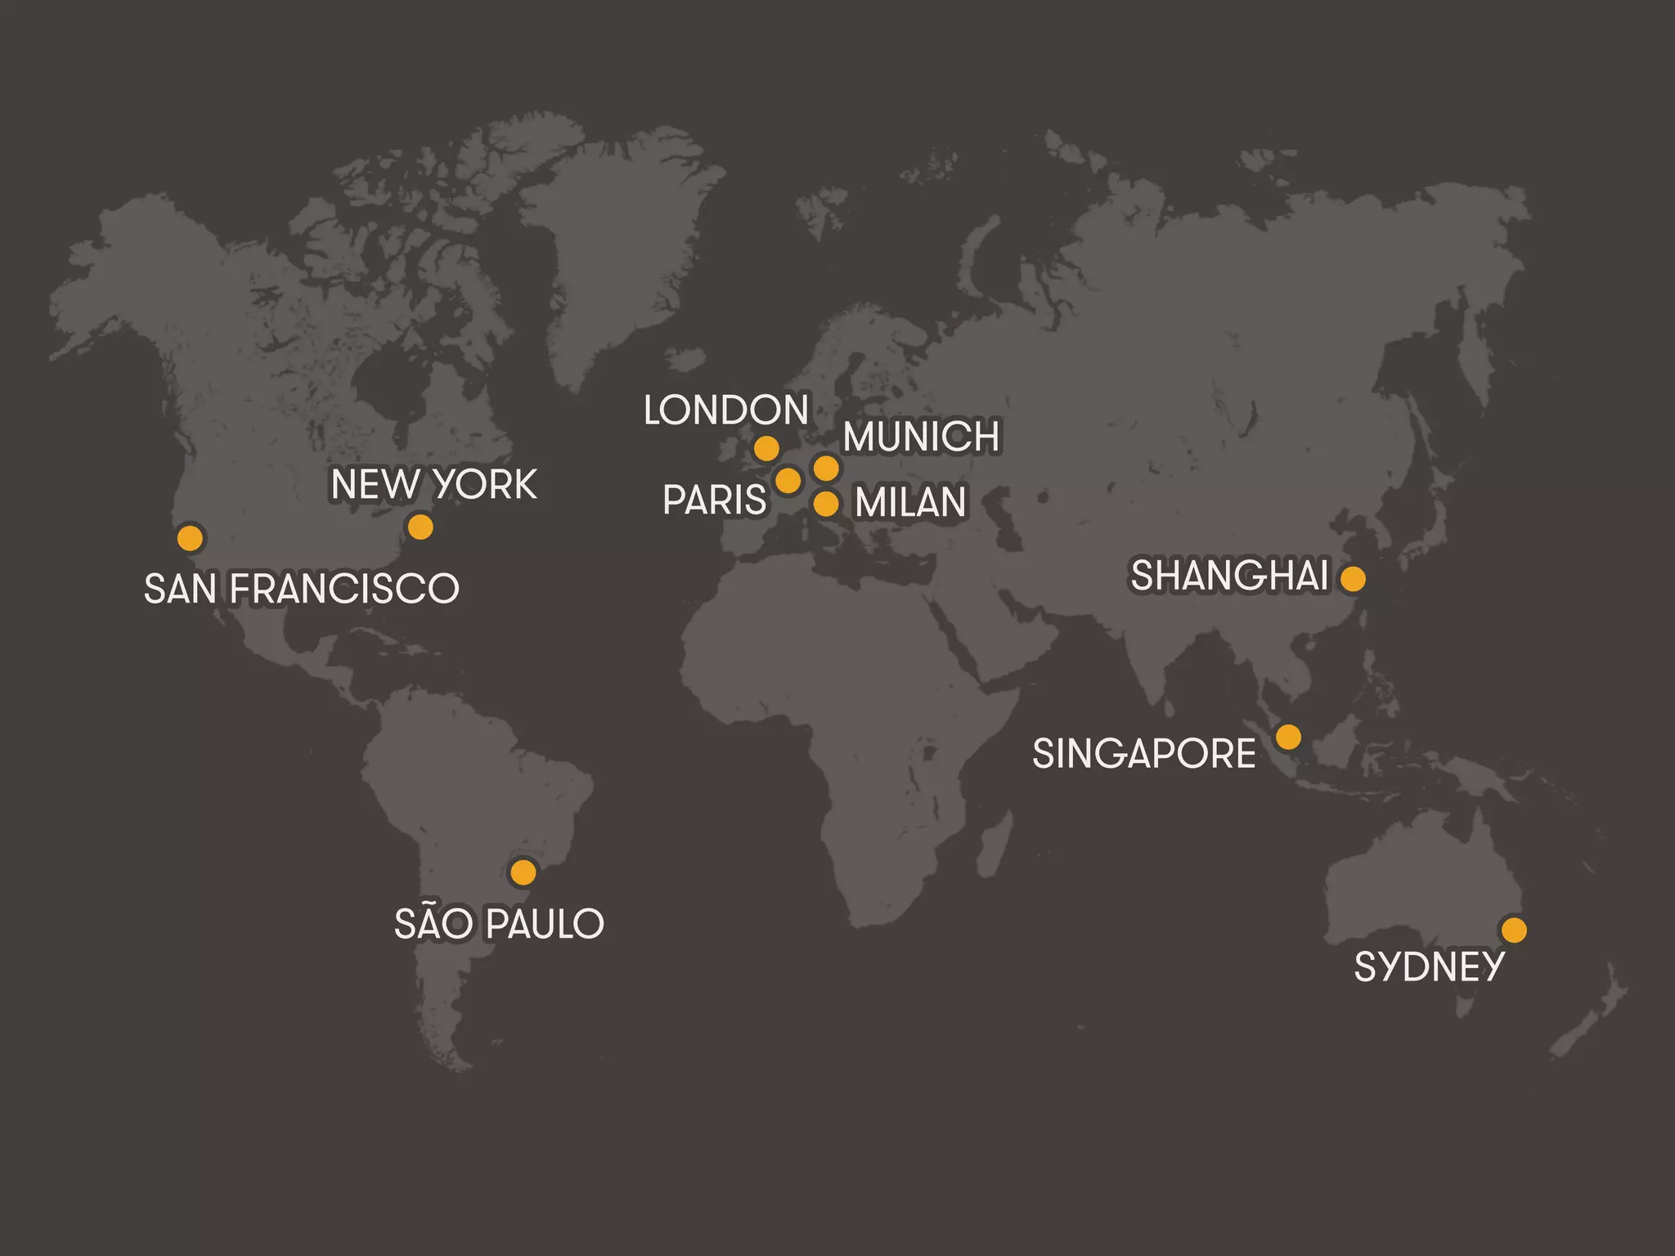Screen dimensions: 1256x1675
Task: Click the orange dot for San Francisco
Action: click(190, 538)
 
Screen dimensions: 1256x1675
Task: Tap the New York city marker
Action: click(420, 527)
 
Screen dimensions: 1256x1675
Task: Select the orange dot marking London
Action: click(766, 448)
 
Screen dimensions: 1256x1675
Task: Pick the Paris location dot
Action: click(788, 480)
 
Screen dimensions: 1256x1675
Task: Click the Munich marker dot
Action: click(826, 468)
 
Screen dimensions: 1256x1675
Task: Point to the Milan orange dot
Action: click(826, 504)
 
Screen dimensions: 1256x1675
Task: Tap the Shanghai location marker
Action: click(1353, 579)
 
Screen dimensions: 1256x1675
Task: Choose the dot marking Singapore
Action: click(1288, 737)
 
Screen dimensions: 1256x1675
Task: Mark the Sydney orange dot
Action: click(1514, 930)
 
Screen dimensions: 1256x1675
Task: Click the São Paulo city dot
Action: click(523, 872)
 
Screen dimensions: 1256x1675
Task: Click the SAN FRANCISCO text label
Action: click(302, 589)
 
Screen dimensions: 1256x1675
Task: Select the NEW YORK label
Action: click(434, 485)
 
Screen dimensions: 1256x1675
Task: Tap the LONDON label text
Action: click(726, 410)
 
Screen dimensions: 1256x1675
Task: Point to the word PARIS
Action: click(715, 500)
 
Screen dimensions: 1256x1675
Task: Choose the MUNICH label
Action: click(921, 437)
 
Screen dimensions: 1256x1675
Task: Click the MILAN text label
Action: click(910, 502)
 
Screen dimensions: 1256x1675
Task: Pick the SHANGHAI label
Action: click(1229, 576)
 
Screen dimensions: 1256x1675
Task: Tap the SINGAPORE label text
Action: click(1144, 754)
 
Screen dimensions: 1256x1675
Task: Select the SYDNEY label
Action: click(1429, 967)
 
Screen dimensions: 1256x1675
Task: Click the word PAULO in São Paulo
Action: click(545, 925)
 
